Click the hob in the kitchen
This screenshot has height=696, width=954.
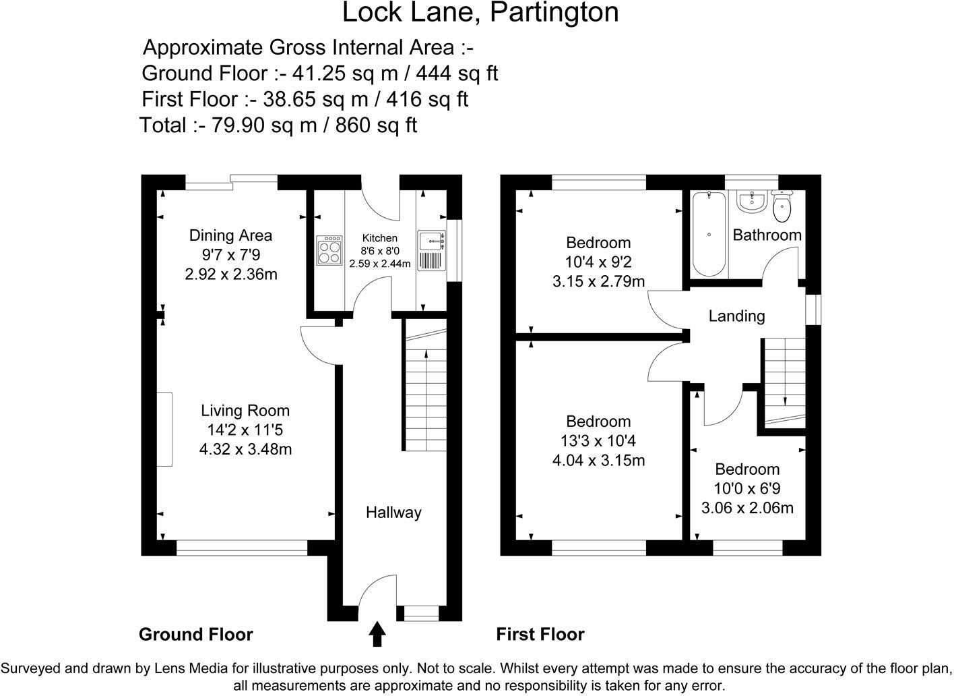coord(328,251)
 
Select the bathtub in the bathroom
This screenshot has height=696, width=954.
coord(709,234)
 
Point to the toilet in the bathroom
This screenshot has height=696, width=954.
coord(782,206)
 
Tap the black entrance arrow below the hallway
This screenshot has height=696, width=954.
coord(377,634)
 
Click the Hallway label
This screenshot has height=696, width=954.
coord(393,513)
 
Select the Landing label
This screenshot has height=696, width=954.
coord(736,316)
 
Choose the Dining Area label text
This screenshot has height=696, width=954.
coord(230,235)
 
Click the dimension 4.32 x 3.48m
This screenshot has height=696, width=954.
coord(245,449)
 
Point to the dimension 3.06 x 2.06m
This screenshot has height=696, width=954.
coord(747,508)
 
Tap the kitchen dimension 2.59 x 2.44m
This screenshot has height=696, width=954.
coord(379,264)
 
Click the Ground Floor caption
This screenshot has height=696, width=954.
coord(195,635)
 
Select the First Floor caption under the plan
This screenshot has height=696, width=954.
coord(540,635)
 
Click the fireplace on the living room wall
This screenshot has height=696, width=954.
coord(165,429)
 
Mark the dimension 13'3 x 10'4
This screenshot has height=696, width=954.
coord(598,441)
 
